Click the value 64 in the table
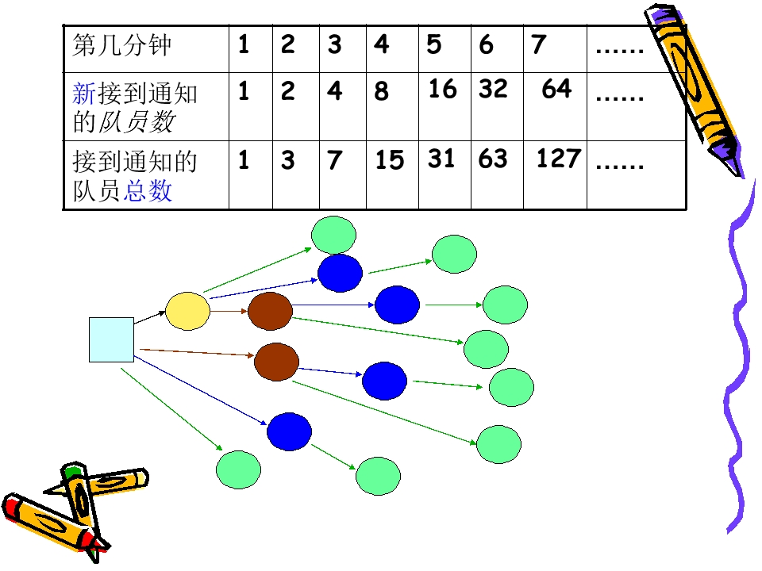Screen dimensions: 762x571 tap(556, 89)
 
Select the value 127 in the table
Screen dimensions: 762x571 tap(558, 159)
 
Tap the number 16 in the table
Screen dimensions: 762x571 tap(442, 89)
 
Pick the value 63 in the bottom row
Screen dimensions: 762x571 tap(493, 159)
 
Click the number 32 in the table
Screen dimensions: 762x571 tap(493, 89)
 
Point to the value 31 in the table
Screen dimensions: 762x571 tap(441, 159)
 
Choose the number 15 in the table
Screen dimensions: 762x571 tap(389, 160)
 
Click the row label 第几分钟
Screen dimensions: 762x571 tap(121, 45)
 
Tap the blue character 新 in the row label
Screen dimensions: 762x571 tap(84, 94)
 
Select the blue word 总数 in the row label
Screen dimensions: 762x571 tap(148, 190)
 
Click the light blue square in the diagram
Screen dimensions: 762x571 tap(111, 340)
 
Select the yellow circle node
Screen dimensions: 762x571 tap(187, 311)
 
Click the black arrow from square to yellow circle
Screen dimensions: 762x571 tap(150, 317)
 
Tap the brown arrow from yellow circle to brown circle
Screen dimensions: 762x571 tap(229, 311)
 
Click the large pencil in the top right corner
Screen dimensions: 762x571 tap(694, 90)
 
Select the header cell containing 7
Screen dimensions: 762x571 tap(555, 49)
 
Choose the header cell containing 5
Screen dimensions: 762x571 tap(444, 49)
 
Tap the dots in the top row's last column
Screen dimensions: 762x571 tap(620, 50)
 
